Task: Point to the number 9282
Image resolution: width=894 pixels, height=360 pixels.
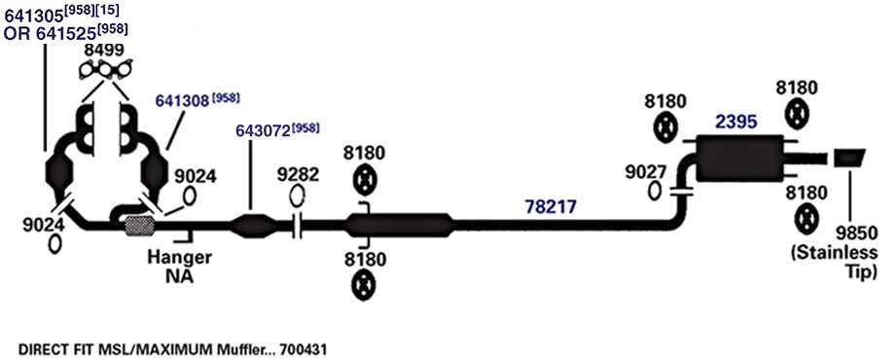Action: [x=299, y=174]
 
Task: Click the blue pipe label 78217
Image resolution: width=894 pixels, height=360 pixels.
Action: [x=551, y=207]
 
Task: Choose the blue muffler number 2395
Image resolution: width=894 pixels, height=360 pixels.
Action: [x=736, y=122]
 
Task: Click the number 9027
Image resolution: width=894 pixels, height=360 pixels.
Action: [x=645, y=171]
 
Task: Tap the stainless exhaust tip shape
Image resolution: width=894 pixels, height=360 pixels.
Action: [x=849, y=158]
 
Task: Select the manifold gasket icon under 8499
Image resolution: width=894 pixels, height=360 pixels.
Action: [x=105, y=69]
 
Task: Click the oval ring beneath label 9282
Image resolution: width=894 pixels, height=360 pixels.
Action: [x=297, y=196]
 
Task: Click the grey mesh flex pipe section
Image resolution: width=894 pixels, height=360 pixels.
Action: [x=139, y=226]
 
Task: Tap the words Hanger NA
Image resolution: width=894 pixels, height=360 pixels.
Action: [x=179, y=266]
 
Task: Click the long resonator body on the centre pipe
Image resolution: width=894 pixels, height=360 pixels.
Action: [x=400, y=225]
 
